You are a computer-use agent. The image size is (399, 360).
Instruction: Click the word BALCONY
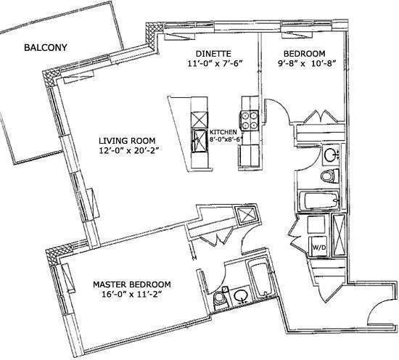[x=45, y=49]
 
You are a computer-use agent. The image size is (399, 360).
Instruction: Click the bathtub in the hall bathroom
[x=318, y=200]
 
